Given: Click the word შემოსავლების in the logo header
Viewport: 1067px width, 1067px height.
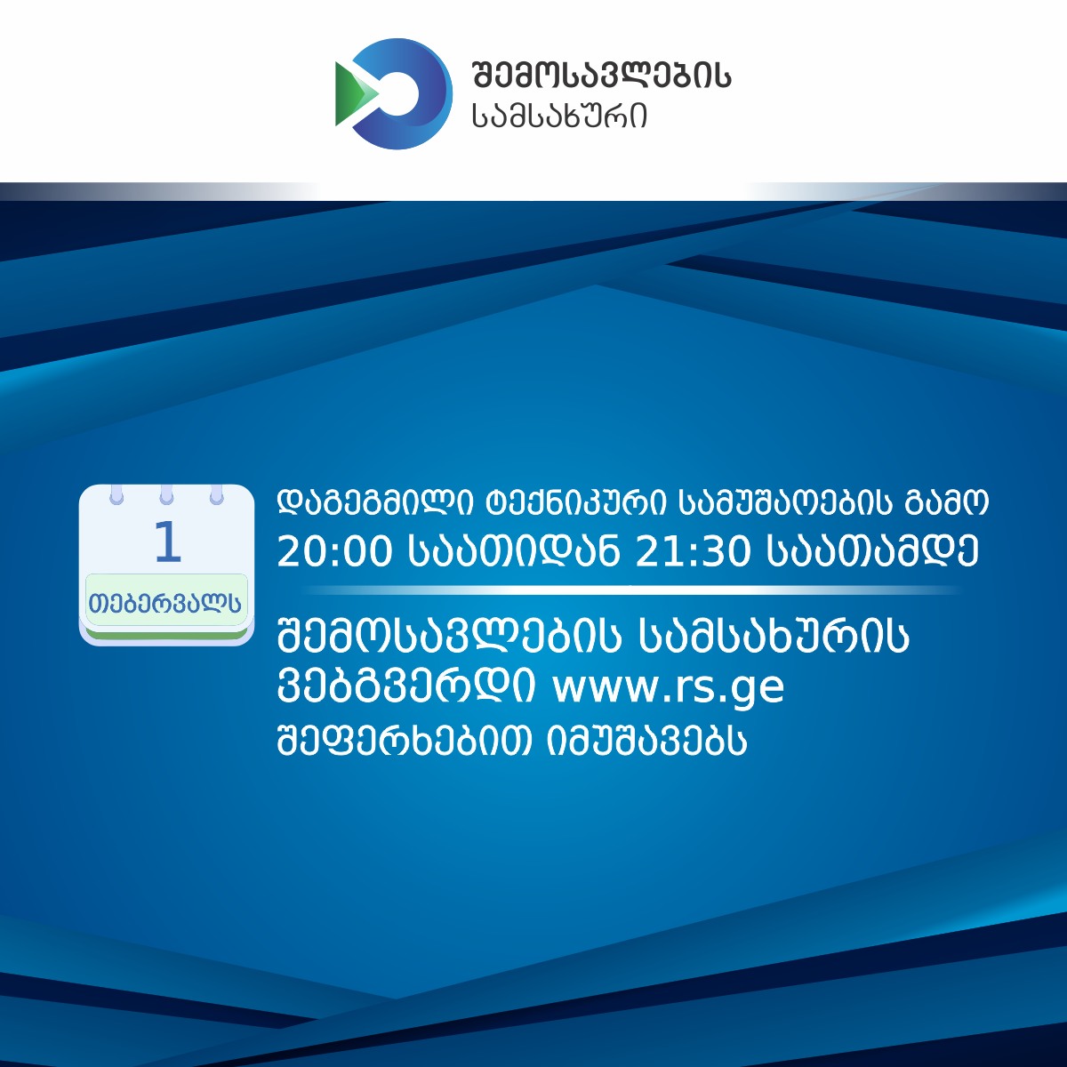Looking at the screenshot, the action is tap(601, 75).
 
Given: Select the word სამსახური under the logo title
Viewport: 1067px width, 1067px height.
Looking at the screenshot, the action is tap(559, 116).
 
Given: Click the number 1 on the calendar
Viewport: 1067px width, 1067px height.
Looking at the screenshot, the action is tap(168, 542).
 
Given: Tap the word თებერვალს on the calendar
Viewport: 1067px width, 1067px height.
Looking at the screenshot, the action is tap(165, 602).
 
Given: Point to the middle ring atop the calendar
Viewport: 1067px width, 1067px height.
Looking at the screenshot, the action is tap(166, 494).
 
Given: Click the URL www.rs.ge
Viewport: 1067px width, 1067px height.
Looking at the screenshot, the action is tap(669, 688).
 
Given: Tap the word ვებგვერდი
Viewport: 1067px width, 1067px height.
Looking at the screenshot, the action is tap(406, 686).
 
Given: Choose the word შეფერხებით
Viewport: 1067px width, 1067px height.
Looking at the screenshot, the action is tap(405, 740).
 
